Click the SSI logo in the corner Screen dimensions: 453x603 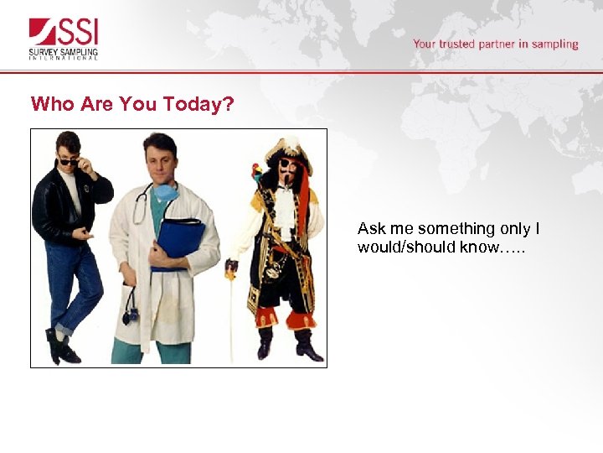click(64, 39)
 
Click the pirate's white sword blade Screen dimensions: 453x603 click(232, 319)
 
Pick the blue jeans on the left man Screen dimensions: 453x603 click(71, 285)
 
